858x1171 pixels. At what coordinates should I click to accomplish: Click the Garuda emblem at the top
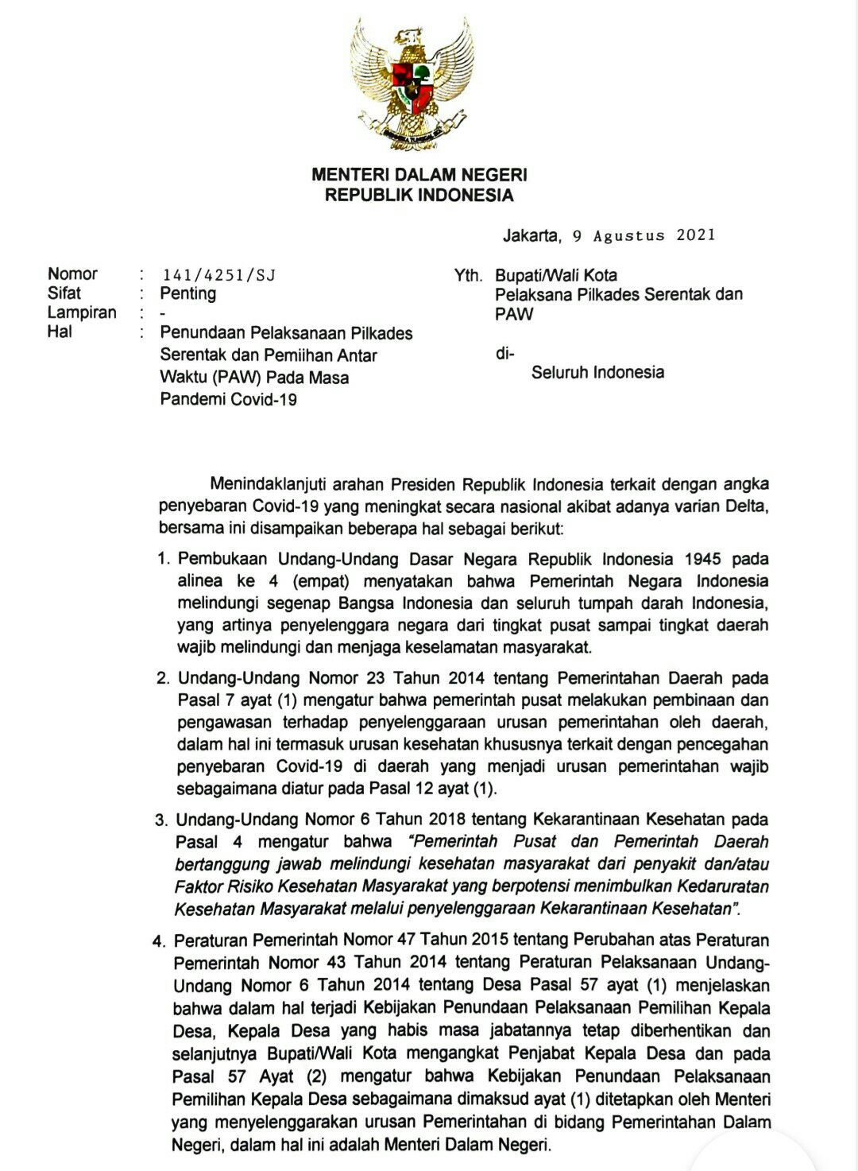(412, 86)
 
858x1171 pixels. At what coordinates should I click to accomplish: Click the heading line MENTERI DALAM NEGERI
(419, 175)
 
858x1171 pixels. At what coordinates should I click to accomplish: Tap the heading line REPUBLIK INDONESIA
(419, 196)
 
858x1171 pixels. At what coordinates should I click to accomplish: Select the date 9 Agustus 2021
(643, 235)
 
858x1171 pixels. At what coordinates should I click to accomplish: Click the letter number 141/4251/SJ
(218, 275)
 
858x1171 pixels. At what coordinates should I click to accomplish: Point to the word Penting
(188, 293)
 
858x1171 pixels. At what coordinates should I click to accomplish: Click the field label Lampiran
(82, 312)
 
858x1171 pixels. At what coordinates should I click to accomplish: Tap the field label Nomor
(72, 274)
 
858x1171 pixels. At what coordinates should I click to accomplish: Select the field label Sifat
(64, 293)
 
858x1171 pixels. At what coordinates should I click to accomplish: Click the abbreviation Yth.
(468, 276)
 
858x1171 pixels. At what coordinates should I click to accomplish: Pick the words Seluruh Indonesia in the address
(597, 372)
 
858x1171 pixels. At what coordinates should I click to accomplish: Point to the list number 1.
(164, 559)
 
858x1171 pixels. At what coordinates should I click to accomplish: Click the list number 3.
(161, 820)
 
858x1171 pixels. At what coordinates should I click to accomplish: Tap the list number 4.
(159, 942)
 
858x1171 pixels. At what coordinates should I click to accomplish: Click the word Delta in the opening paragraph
(746, 506)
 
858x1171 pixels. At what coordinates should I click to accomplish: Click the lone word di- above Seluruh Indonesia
(504, 354)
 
